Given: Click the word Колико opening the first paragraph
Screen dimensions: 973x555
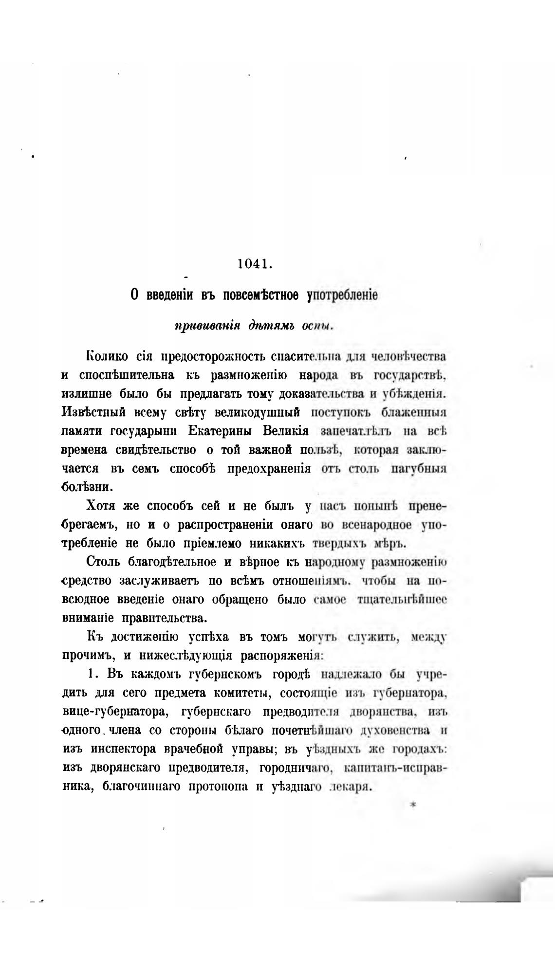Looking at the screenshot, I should click(107, 356).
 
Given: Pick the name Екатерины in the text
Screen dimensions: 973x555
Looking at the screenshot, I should click(225, 432).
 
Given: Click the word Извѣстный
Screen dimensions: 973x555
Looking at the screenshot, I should click(90, 413).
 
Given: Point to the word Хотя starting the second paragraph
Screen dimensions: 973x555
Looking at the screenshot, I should click(101, 506).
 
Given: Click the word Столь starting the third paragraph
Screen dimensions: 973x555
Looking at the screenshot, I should click(103, 562).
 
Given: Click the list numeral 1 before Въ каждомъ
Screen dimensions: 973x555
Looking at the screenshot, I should click(90, 675).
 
